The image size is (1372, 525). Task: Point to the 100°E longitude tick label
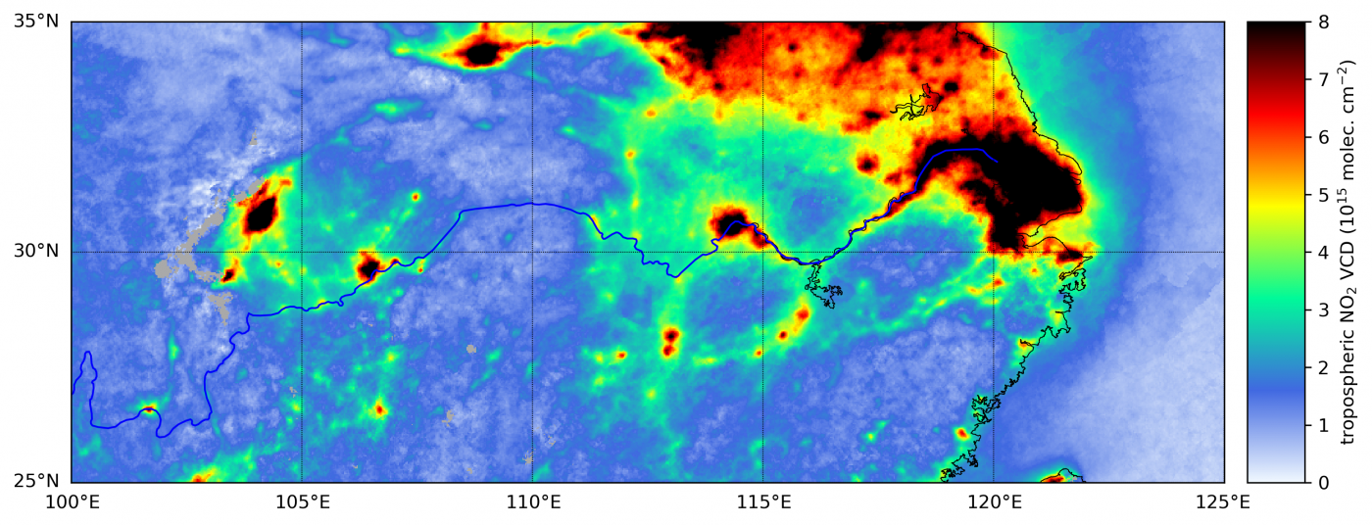[72, 504]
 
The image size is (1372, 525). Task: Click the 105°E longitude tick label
[302, 504]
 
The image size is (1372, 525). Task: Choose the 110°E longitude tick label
[532, 504]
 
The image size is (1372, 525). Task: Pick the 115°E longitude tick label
[763, 504]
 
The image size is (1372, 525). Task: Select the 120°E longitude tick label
[994, 504]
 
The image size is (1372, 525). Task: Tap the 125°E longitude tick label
[1224, 504]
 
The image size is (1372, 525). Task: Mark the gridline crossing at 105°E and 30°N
[302, 252]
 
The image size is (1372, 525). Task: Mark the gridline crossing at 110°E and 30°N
[532, 252]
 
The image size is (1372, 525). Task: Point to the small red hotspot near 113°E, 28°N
[671, 336]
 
